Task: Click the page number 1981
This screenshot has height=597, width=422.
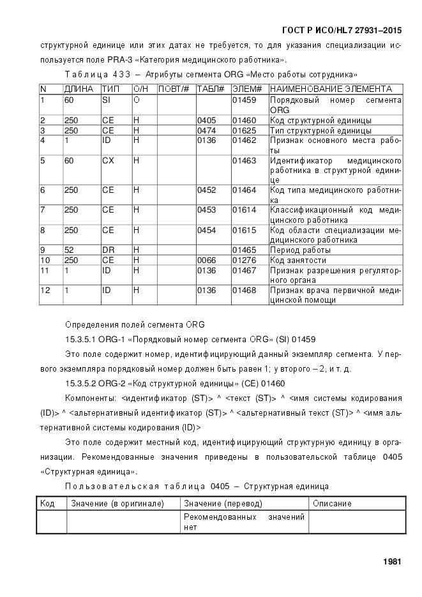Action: coord(392,562)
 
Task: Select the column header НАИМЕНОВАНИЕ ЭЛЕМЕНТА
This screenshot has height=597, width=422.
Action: coord(331,89)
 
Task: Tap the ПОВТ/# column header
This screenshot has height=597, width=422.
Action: coord(174,89)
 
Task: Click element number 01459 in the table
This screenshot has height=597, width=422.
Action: coord(244,100)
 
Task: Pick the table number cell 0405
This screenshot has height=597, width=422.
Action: coord(207,120)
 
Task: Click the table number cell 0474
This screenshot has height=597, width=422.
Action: coord(207,130)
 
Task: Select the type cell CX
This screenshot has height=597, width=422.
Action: coord(108,160)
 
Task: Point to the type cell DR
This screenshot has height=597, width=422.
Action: coord(108,250)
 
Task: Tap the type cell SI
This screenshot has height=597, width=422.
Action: coord(107,100)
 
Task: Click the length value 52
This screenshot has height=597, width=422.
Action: coord(68,250)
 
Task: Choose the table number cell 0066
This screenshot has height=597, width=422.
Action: coord(207,261)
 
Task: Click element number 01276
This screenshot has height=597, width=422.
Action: coord(244,261)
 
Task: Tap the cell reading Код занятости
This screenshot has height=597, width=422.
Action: coord(298,261)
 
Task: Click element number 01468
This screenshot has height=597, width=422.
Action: coord(244,291)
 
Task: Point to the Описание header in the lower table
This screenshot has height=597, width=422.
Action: coord(332,503)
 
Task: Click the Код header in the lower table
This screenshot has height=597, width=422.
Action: coord(47,503)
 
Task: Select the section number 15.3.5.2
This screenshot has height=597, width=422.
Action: coord(86,383)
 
